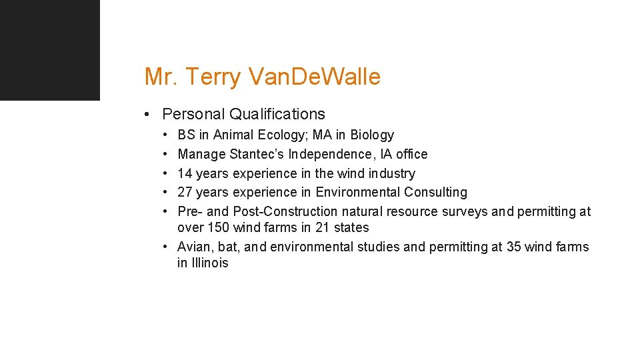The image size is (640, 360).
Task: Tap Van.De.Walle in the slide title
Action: coord(314,77)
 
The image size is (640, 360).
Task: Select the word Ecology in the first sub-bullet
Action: coord(281,135)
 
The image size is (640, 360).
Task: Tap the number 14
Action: coord(185,173)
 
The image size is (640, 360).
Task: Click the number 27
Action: coord(185,193)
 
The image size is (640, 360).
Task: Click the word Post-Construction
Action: coord(285,212)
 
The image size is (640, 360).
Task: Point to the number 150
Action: coord(218,228)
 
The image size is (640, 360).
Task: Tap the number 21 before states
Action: coord(322,228)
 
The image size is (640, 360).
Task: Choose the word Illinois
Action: coord(210,263)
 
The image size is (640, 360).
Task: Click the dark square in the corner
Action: coord(49,49)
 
